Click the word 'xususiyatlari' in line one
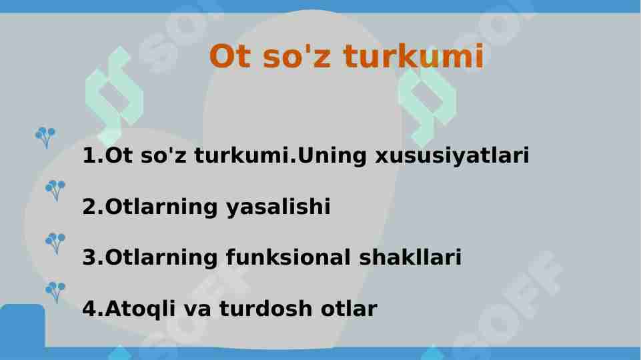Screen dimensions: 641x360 pyautogui.click(x=452, y=156)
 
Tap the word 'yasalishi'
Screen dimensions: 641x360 pyautogui.click(x=278, y=207)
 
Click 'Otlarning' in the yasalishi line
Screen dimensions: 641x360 pyautogui.click(x=161, y=207)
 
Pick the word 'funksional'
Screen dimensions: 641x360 pyautogui.click(x=287, y=257)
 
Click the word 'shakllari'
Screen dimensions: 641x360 pyautogui.click(x=410, y=257)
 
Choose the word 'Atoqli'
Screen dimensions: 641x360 pyautogui.click(x=140, y=309)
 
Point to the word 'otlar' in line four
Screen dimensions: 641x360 pyautogui.click(x=349, y=309)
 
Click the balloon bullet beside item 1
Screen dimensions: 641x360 pyautogui.click(x=45, y=137)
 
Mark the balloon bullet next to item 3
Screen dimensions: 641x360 pyautogui.click(x=55, y=243)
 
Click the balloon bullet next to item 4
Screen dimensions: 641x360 pyautogui.click(x=55, y=292)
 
